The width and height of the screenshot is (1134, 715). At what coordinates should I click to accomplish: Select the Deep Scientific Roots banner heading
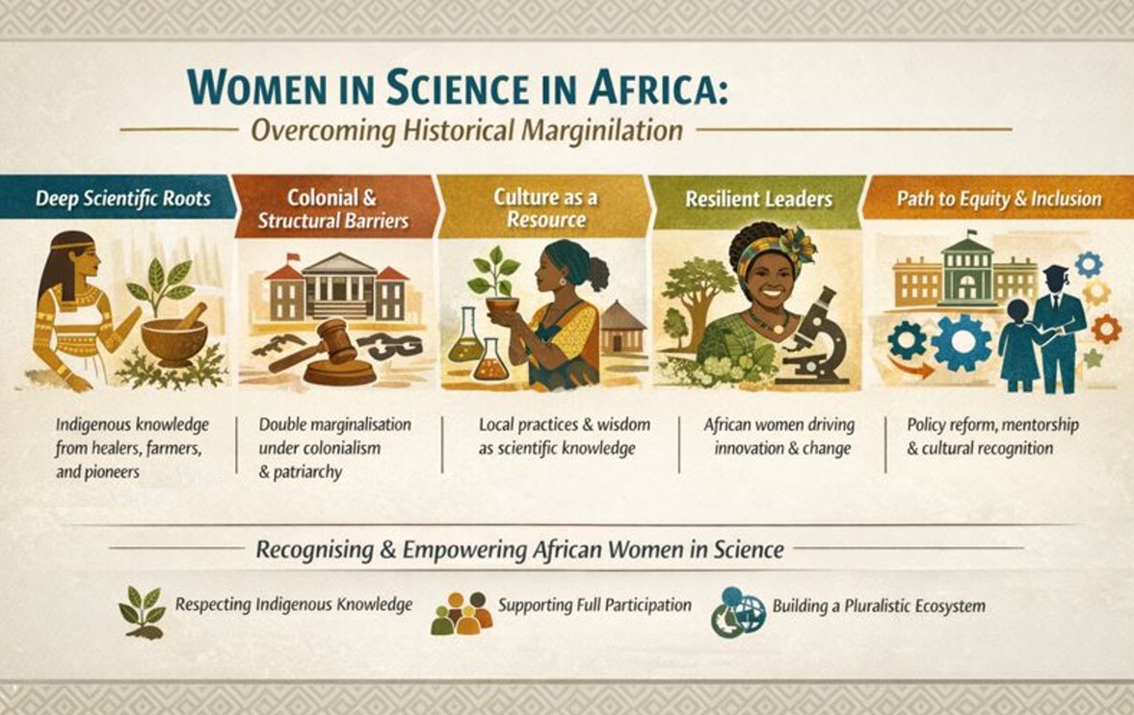[x=122, y=199]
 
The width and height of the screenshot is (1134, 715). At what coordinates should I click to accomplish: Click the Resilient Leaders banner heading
[x=758, y=199]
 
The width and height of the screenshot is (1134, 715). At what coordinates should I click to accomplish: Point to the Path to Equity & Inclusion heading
[x=999, y=199]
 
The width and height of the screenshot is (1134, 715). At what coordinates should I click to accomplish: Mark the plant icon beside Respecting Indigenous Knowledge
[x=143, y=612]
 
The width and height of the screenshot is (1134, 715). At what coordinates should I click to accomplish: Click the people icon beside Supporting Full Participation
[x=462, y=613]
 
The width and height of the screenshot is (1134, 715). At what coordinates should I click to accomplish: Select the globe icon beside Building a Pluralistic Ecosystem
[x=738, y=612]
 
